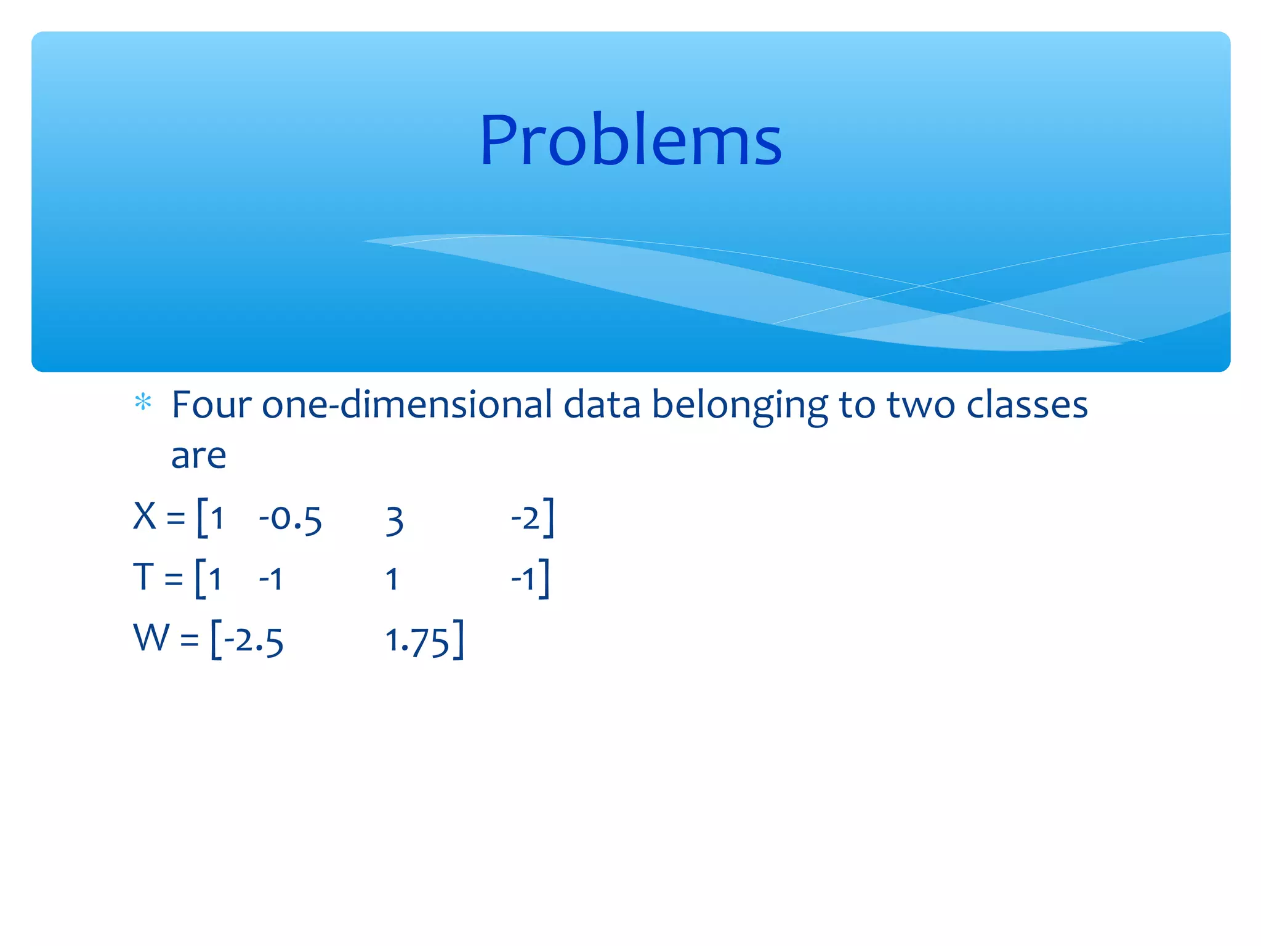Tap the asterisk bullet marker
[x=143, y=402]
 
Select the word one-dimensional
[x=406, y=405]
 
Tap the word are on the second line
[x=198, y=456]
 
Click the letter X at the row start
[x=145, y=516]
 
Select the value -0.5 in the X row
[x=290, y=519]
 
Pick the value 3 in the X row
[x=394, y=521]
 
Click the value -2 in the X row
[x=525, y=517]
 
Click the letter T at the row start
[x=143, y=577]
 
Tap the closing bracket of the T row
[x=544, y=578]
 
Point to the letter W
[x=151, y=637]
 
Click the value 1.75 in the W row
[x=417, y=641]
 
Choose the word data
[x=602, y=405]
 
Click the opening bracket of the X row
[x=201, y=517]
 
